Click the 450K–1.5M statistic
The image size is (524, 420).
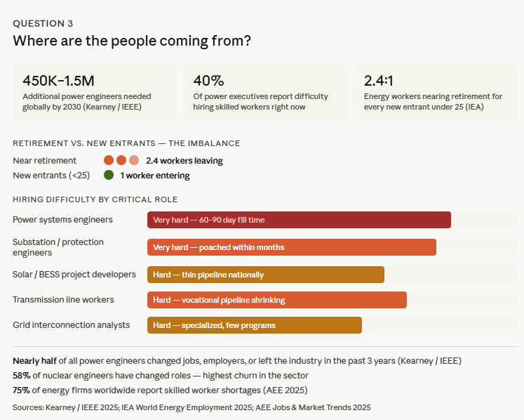tap(60, 81)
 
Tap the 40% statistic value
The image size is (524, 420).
tap(209, 81)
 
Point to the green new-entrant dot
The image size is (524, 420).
tap(109, 175)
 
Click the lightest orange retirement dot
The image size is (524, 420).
tap(134, 160)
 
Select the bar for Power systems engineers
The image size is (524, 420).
tap(299, 220)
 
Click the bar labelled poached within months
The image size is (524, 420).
tap(291, 247)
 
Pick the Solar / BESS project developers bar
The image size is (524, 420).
tap(265, 275)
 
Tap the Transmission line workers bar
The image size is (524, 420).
tap(276, 300)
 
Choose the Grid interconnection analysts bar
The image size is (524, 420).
tap(254, 325)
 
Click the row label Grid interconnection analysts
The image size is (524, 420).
tap(72, 325)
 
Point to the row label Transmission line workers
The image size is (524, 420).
tap(63, 300)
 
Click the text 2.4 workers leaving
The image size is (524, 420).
tap(184, 161)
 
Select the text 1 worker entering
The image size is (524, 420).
tap(154, 176)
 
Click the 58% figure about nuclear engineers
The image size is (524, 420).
tap(22, 375)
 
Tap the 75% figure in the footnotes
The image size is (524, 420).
tap(22, 390)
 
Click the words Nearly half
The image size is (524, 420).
tap(34, 360)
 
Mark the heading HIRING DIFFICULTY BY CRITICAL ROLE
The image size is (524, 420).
tap(95, 199)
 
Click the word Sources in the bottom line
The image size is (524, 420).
tap(29, 407)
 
